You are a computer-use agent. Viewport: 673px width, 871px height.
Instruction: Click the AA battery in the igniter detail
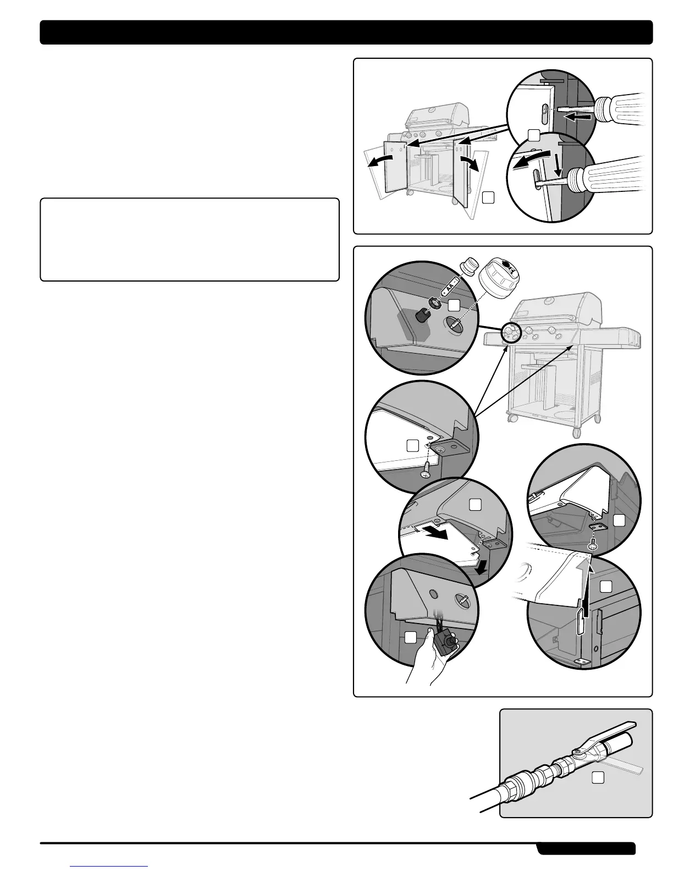pyautogui.click(x=451, y=286)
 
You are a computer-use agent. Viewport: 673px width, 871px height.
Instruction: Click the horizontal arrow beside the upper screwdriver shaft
pyautogui.click(x=578, y=117)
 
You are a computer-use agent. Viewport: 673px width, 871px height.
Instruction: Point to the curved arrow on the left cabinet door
pyautogui.click(x=380, y=161)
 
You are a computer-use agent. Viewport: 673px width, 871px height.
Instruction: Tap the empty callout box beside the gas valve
pyautogui.click(x=598, y=777)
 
